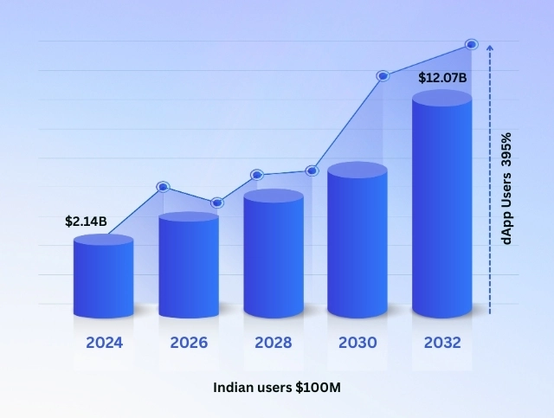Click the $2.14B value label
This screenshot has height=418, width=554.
point(86,222)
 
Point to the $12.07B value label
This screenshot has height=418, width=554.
point(442,78)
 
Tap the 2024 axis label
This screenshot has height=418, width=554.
point(104,342)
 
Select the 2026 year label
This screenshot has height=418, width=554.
point(189,342)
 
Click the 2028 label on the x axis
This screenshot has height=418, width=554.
point(274,342)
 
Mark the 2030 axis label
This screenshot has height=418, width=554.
point(358,342)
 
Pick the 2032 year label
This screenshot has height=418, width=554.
point(442,342)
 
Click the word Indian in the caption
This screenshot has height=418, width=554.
point(234,387)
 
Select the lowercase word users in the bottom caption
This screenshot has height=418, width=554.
point(277,387)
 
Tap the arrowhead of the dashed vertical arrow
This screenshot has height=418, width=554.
point(490,48)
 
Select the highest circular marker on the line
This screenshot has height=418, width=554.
point(472,44)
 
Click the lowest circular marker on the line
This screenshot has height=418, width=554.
point(217,203)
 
